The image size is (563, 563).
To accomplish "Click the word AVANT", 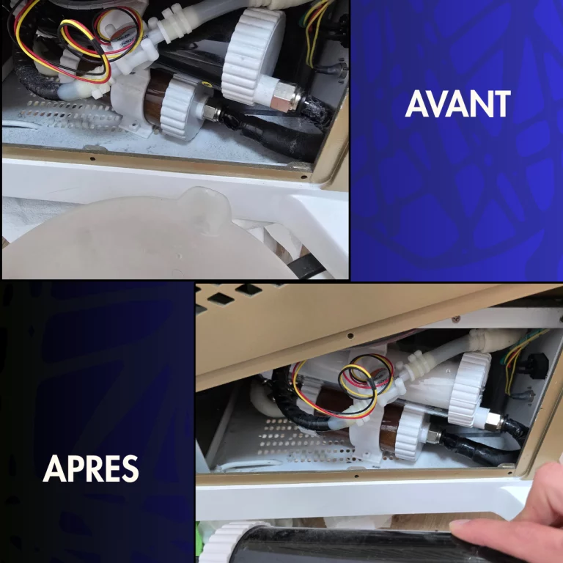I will click(x=457, y=105).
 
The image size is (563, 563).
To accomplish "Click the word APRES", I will click(x=91, y=468).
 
